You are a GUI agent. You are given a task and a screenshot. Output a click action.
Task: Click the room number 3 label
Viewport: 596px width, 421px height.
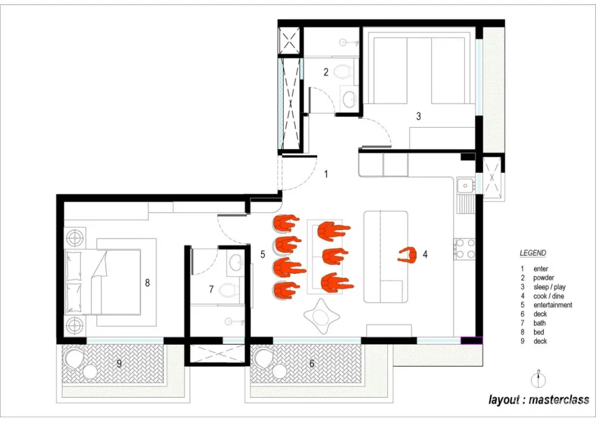418,116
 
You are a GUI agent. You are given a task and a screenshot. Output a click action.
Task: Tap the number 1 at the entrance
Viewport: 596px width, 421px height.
326,174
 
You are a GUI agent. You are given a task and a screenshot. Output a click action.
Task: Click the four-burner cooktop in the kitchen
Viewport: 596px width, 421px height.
465,248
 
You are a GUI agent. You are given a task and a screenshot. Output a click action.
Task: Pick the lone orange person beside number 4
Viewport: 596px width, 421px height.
407,255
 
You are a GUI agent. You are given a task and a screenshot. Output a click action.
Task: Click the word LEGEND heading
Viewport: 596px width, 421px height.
533,253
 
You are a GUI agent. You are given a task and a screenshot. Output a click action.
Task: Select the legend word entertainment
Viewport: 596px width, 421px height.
552,305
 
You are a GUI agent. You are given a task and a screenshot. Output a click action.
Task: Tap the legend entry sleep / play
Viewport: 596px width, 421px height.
550,287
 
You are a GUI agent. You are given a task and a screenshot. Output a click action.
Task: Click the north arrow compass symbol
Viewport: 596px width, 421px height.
538,379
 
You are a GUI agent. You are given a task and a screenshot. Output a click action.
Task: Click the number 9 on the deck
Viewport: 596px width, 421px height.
119,364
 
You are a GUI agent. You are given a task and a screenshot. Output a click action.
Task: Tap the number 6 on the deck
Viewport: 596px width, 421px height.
312,364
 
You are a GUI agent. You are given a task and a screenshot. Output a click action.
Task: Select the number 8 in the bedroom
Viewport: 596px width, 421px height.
147,283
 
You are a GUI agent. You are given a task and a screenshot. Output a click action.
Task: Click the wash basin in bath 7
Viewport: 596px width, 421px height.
236,261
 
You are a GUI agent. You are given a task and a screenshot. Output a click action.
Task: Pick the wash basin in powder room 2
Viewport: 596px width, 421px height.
349,100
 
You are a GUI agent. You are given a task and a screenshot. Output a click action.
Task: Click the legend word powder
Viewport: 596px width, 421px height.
544,278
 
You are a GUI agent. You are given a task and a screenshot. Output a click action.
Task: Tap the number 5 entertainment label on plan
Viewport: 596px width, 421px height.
263,254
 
